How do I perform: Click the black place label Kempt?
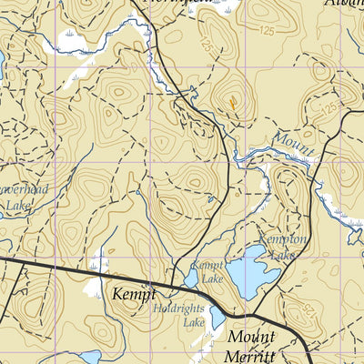pyautogui.click(x=134, y=294)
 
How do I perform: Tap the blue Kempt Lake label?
pyautogui.click(x=207, y=271)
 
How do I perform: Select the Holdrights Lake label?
pyautogui.click(x=182, y=315)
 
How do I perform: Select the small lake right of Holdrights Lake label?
pyautogui.click(x=217, y=318)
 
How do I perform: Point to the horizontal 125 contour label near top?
pyautogui.click(x=266, y=32)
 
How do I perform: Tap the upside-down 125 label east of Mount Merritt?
pyautogui.click(x=309, y=312)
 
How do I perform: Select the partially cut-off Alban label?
pyautogui.click(x=342, y=4)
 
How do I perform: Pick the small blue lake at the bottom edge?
pyautogui.click(x=90, y=358)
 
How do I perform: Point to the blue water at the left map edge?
pyautogui.click(x=2, y=64)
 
